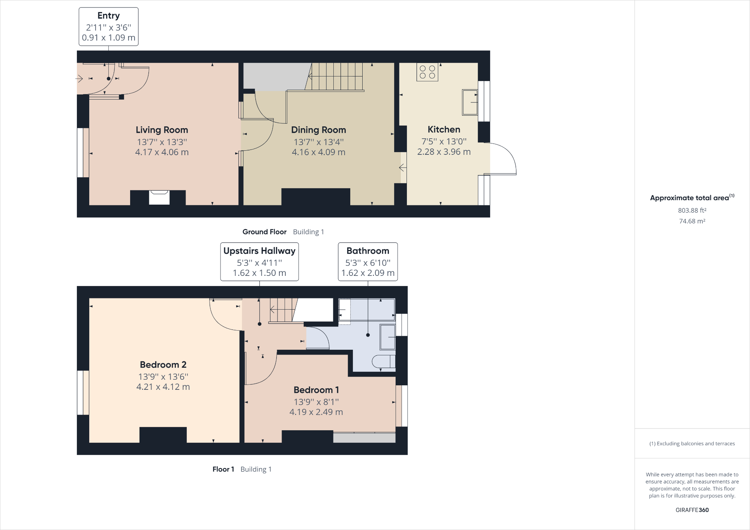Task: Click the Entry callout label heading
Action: click(108, 16)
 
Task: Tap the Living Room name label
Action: click(162, 130)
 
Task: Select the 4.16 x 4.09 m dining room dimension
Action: click(318, 152)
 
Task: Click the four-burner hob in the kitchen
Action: click(427, 72)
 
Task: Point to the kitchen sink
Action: click(470, 102)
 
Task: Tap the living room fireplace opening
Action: click(159, 197)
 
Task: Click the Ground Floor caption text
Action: click(264, 232)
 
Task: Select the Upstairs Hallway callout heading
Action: click(259, 251)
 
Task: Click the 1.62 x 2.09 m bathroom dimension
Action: click(367, 273)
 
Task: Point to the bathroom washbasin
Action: click(387, 337)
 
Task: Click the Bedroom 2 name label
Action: click(163, 365)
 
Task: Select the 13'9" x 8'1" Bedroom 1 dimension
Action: click(316, 402)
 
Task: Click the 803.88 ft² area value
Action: click(692, 210)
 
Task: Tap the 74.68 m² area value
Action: click(692, 221)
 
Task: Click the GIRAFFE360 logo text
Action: click(692, 510)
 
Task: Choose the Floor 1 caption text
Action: click(223, 469)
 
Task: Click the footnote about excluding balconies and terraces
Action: click(692, 443)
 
